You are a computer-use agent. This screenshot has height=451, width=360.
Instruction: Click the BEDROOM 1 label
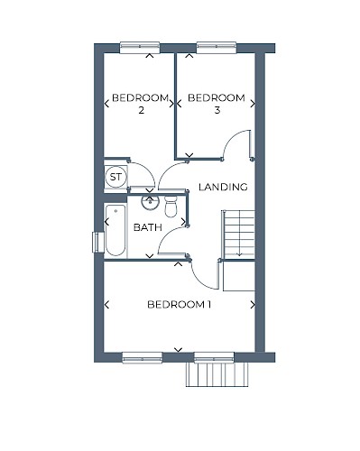[x=179, y=305]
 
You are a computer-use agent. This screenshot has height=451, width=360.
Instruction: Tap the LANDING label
[x=223, y=187]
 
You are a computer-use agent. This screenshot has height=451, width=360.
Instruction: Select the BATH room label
[x=147, y=227]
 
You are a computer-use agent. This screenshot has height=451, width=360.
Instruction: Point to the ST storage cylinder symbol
[x=115, y=177]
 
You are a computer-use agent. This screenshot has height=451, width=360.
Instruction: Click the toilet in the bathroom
[x=171, y=207]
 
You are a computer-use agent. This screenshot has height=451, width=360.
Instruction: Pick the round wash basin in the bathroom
[x=150, y=202]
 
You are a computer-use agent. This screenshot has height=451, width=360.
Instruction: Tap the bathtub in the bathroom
[x=115, y=230]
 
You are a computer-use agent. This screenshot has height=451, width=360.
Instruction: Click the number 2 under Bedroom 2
[x=141, y=110]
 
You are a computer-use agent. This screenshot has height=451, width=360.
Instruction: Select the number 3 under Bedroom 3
[x=217, y=110]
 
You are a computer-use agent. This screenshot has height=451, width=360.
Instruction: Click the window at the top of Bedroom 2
[x=140, y=48]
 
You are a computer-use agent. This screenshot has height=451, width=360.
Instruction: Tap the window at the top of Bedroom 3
[x=217, y=48]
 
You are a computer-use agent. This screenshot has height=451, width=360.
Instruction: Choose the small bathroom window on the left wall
[x=96, y=242]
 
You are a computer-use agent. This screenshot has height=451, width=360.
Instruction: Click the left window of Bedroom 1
[x=143, y=358]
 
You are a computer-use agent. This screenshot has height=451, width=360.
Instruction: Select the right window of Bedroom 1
[x=214, y=358]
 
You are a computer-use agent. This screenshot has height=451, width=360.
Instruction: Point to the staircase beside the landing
[x=239, y=235]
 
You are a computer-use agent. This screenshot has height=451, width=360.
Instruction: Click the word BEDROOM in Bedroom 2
[x=140, y=98]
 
